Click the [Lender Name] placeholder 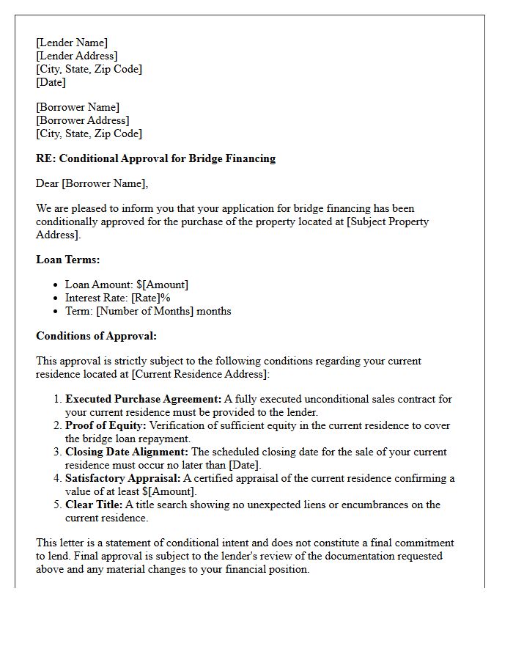pos(72,43)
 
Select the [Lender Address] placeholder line pos(76,56)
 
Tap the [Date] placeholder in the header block pos(51,82)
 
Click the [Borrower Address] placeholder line pos(82,120)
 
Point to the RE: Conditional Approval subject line pos(155,158)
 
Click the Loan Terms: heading pos(67,259)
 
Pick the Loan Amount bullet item pos(126,285)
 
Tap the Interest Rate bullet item pos(117,298)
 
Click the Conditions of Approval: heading pos(96,336)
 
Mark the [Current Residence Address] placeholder pos(199,374)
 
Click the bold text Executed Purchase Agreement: pos(143,399)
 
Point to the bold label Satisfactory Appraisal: pos(122,478)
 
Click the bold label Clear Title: pos(94,505)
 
